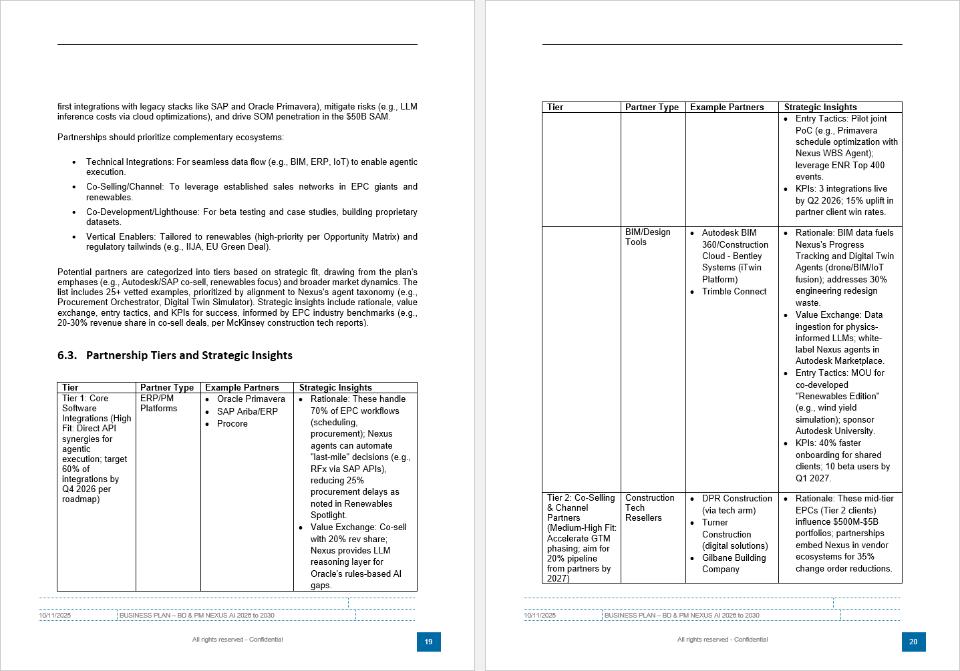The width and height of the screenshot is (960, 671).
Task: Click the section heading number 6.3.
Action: coord(67,355)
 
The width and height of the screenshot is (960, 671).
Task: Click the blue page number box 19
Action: coord(428,642)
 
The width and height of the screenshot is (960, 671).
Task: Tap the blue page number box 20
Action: coord(913,642)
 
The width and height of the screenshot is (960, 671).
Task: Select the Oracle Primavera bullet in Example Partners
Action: coord(251,399)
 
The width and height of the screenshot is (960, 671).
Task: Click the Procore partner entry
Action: coord(232,424)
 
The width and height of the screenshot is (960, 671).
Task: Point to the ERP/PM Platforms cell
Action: coord(158,403)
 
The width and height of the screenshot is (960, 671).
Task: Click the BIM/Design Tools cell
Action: coord(647,237)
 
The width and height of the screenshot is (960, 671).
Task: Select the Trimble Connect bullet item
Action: coord(734,292)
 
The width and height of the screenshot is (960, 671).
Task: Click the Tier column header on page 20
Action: coord(555,107)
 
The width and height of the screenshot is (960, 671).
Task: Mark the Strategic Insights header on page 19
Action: coord(335,387)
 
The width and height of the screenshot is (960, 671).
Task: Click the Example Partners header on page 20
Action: coord(727,107)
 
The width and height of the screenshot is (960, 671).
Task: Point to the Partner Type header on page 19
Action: coord(167,387)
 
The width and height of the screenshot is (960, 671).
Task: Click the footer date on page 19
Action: coord(55,616)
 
